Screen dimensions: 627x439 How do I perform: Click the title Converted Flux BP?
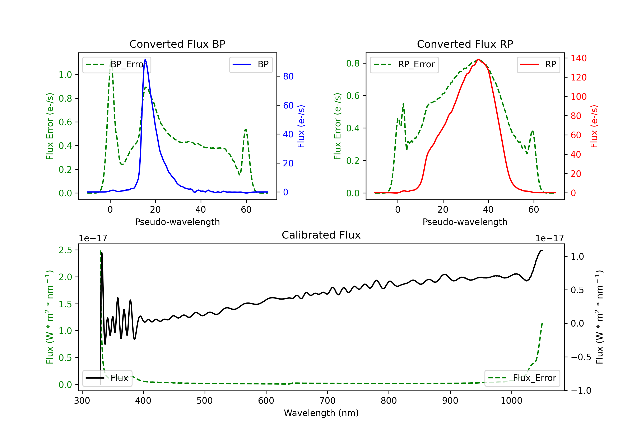(177, 44)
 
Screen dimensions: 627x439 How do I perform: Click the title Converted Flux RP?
(465, 44)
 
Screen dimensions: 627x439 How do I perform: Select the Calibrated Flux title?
(321, 235)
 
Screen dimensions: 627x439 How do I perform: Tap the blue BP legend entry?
(251, 64)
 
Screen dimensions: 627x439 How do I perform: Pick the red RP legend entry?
(538, 64)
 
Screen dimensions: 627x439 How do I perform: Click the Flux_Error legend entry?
(522, 378)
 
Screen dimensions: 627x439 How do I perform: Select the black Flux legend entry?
(107, 378)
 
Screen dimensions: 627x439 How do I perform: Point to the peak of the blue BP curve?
(145, 59)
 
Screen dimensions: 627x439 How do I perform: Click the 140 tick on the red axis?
(578, 58)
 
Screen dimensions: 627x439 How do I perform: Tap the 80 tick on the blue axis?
(288, 77)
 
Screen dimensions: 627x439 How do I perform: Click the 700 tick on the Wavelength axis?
(328, 401)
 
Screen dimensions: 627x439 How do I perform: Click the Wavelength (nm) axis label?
(321, 413)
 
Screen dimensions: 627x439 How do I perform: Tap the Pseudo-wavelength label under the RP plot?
(465, 222)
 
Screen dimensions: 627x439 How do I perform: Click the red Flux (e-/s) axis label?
(594, 126)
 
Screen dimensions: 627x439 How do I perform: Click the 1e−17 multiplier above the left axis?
(93, 239)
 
